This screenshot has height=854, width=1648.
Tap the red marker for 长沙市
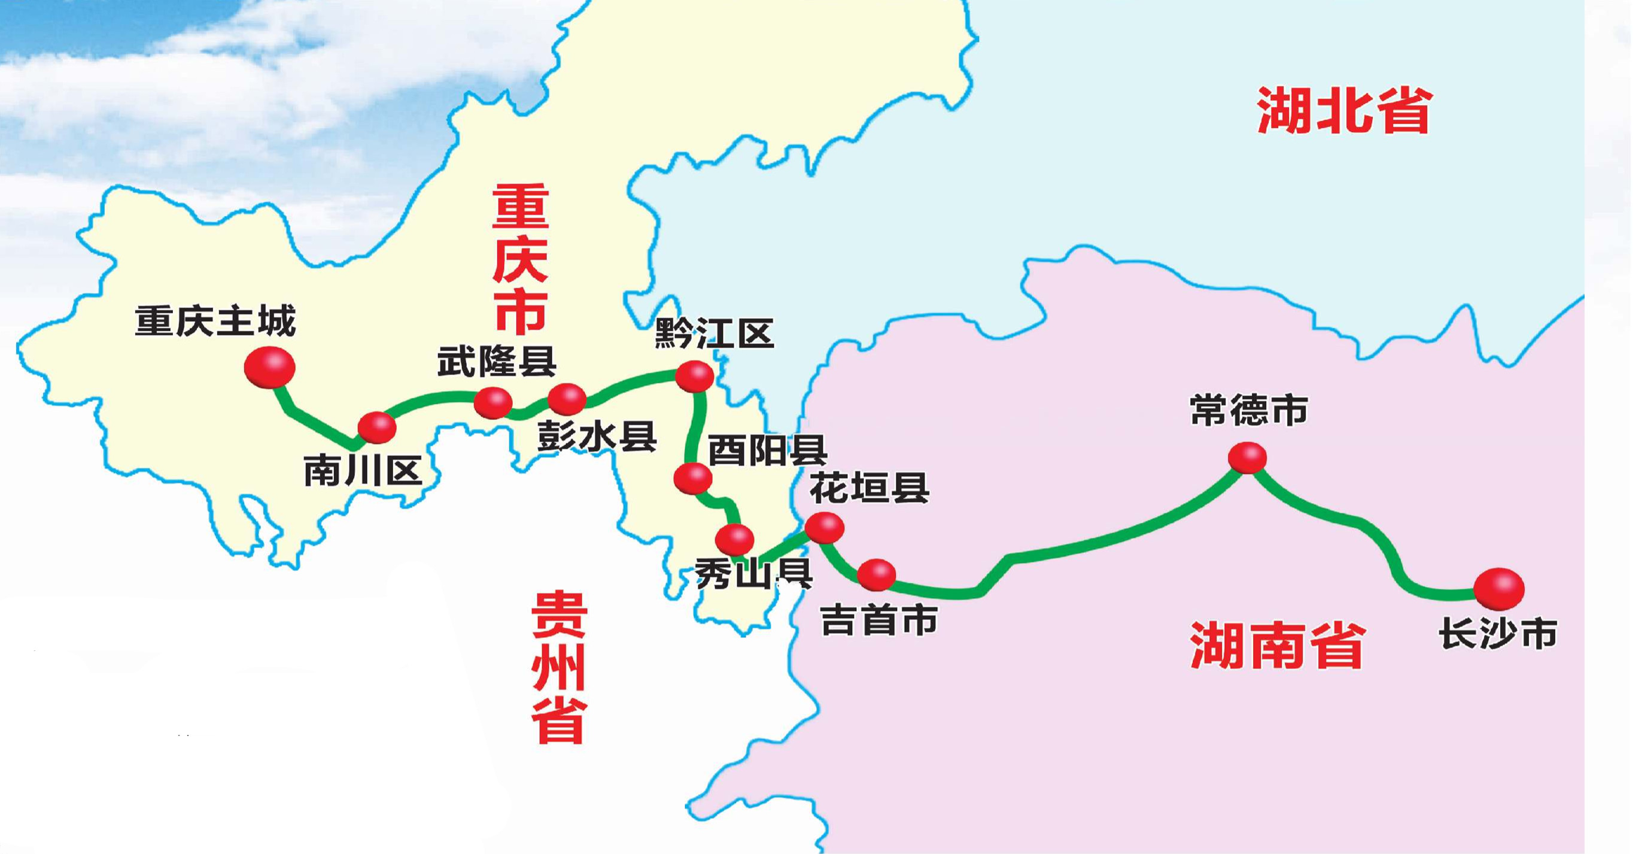1498,588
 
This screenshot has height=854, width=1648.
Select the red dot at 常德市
1248,457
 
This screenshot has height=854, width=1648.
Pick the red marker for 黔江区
695,375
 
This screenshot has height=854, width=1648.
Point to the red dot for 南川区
377,427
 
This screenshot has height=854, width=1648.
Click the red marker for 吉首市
877,574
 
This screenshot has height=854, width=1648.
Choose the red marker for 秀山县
734,539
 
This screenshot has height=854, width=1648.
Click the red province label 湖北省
1343,111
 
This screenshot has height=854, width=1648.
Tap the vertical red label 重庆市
520,259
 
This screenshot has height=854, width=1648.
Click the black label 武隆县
497,362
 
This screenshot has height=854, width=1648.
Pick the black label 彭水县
597,437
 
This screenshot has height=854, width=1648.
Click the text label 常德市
1249,410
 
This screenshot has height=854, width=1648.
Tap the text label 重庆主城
215,322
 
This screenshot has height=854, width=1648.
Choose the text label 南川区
363,472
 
